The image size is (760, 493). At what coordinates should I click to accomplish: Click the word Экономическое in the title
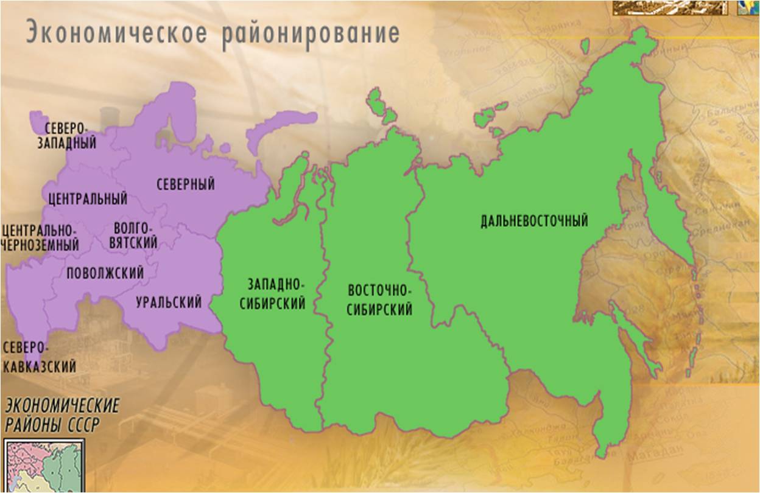pos(116,33)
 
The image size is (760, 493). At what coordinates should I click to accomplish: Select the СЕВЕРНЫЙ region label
pos(186,184)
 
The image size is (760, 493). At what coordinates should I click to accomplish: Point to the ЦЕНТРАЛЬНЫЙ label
pos(88,199)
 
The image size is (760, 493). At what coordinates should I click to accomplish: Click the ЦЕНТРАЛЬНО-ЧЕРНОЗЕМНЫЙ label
pos(40,237)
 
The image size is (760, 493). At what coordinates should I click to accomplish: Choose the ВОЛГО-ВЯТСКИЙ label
pos(135,236)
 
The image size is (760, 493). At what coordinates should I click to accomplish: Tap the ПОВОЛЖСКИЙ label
pos(105,273)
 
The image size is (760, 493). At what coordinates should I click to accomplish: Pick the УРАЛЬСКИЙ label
pos(169,302)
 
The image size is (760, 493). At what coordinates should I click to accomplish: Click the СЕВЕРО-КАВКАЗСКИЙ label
pos(40,357)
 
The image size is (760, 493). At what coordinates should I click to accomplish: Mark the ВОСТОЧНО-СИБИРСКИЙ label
pos(379,299)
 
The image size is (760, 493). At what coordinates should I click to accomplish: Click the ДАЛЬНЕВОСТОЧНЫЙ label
pos(534,220)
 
